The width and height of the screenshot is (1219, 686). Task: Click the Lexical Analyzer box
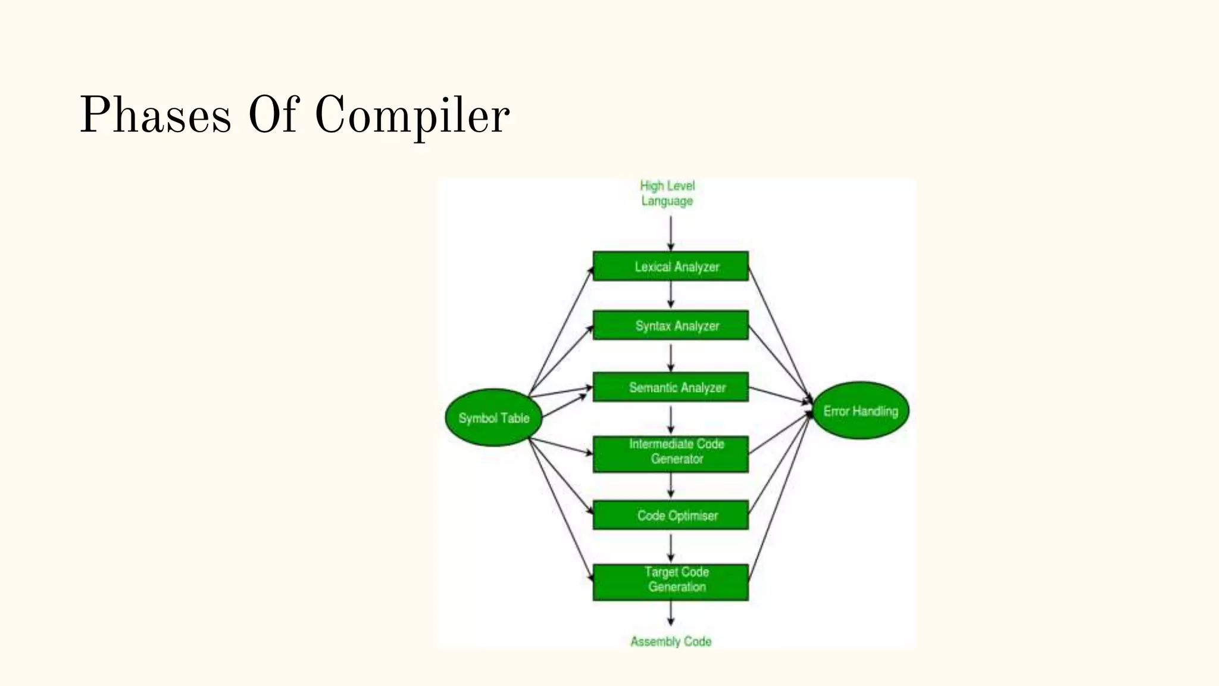click(x=670, y=266)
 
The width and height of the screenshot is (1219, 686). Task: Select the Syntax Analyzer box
click(x=670, y=326)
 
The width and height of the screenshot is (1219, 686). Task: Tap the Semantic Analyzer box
click(x=670, y=387)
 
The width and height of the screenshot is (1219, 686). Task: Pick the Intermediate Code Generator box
click(x=670, y=454)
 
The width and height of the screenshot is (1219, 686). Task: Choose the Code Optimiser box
click(x=670, y=515)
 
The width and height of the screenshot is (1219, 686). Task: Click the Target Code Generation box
click(x=670, y=582)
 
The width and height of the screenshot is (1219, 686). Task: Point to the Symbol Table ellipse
click(x=493, y=417)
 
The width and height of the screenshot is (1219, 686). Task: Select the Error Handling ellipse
click(x=860, y=410)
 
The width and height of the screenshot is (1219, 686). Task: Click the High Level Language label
click(x=667, y=193)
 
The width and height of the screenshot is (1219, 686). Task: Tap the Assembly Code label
click(x=671, y=641)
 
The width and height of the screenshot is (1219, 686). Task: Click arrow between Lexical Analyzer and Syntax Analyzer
click(x=671, y=294)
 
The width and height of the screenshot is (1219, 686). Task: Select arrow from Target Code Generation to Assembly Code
click(x=671, y=612)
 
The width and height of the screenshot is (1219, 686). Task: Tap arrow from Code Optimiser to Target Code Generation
click(x=671, y=547)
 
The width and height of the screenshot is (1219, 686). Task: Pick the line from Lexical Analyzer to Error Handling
click(x=780, y=333)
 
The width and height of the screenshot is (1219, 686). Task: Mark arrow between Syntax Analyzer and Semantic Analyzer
click(x=671, y=357)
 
